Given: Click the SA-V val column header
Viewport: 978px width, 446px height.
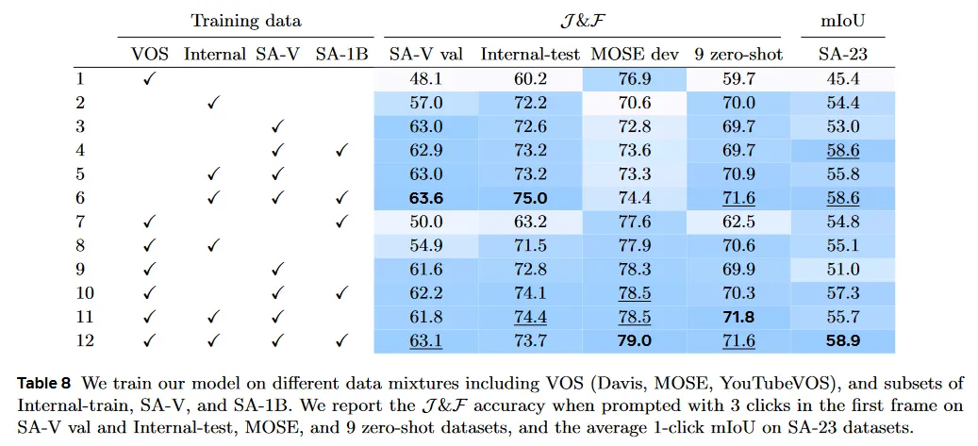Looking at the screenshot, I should pyautogui.click(x=425, y=54).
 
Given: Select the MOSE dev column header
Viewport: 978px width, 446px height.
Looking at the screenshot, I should pyautogui.click(x=630, y=54).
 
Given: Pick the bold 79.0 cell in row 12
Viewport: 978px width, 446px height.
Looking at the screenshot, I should pyautogui.click(x=630, y=340).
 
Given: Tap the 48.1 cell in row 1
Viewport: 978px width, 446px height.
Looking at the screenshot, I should pyautogui.click(x=425, y=79).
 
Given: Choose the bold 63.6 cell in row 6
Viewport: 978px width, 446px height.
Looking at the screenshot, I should pyautogui.click(x=425, y=198).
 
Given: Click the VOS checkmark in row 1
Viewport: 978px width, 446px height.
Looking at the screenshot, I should pyautogui.click(x=149, y=79).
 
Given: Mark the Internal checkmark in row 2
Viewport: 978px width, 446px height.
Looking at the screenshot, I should pyautogui.click(x=213, y=103).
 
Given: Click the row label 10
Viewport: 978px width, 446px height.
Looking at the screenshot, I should pyautogui.click(x=84, y=293).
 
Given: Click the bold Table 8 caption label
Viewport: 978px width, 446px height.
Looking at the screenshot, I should pyautogui.click(x=44, y=384).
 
